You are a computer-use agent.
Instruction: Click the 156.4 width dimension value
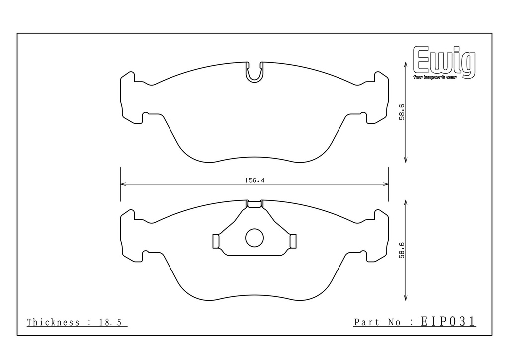tap(254, 180)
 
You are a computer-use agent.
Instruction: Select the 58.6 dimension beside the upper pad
tap(402, 112)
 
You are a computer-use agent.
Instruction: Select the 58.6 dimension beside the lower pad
tap(402, 250)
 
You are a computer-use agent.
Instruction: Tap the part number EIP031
tap(448, 321)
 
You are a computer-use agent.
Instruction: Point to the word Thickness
tap(53, 322)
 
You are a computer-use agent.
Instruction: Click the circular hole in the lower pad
tap(254, 238)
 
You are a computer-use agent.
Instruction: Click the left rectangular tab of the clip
tap(216, 241)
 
